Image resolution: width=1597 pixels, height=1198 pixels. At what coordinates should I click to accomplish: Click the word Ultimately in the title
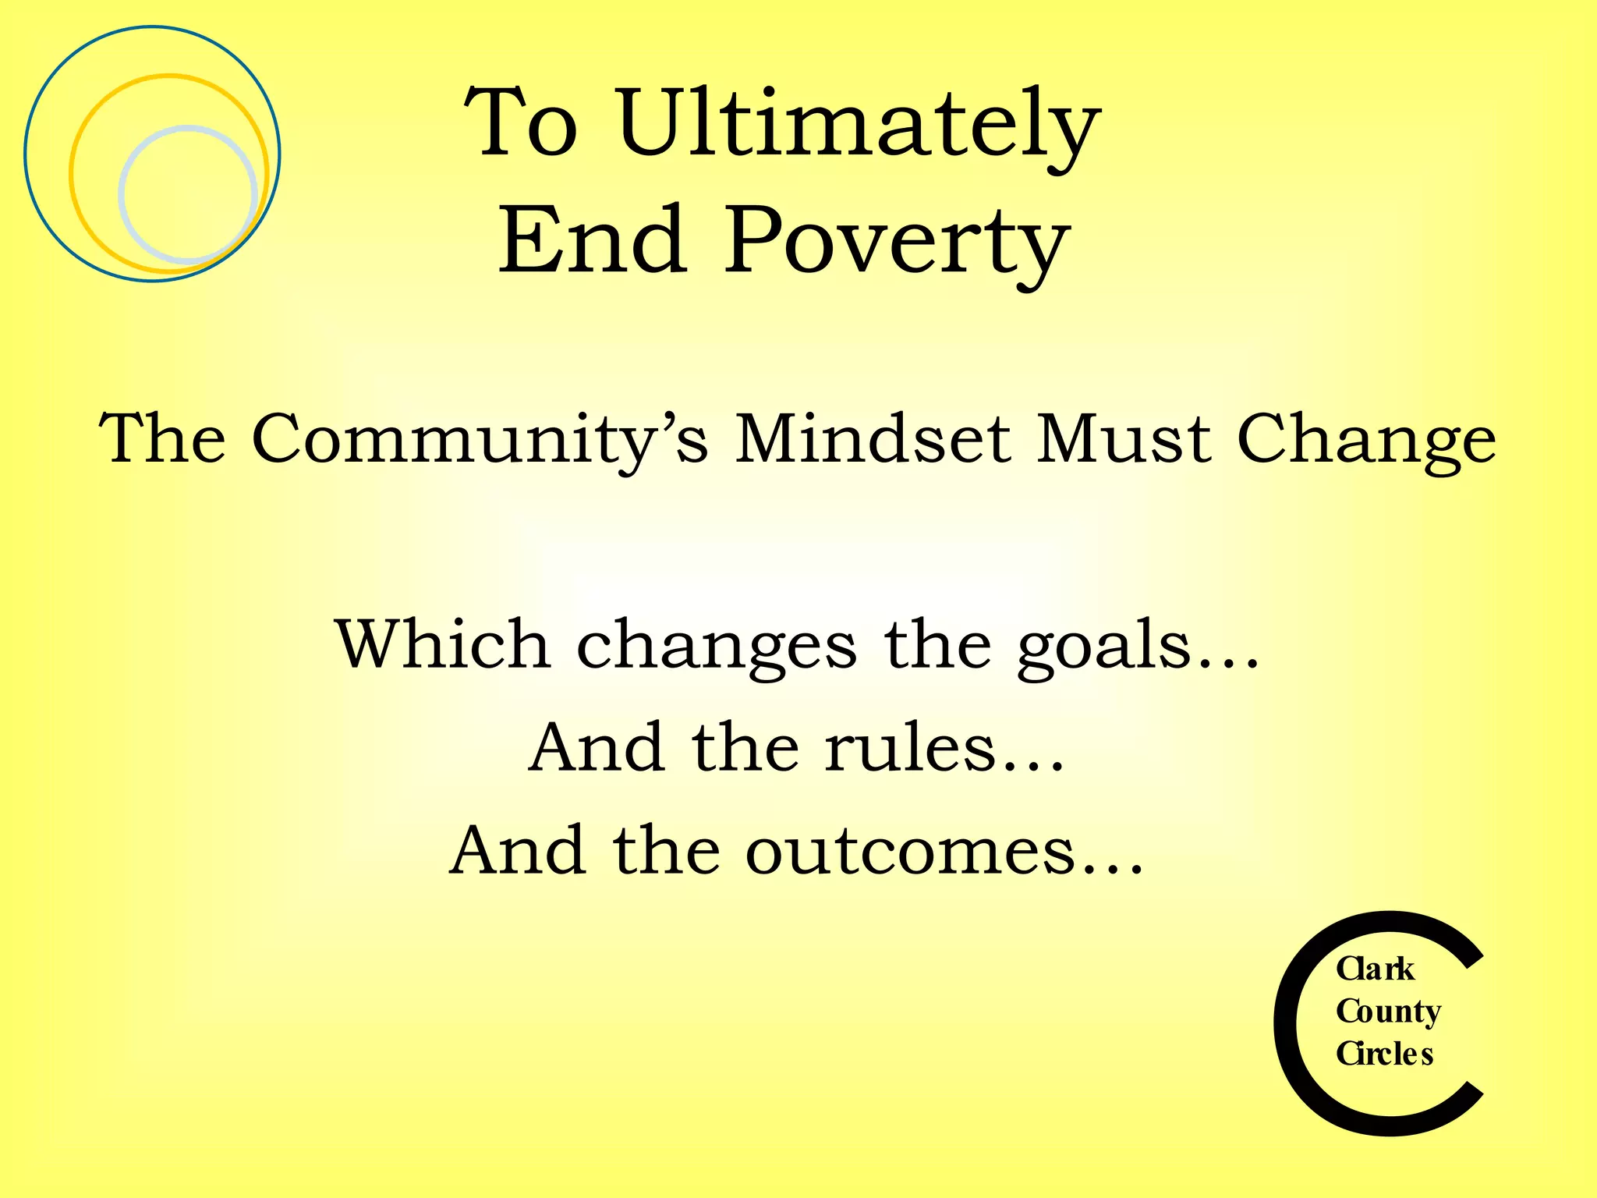[x=859, y=123]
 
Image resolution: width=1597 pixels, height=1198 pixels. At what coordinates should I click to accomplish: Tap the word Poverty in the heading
[x=897, y=241]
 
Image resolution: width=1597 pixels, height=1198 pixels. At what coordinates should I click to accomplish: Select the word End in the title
[x=593, y=241]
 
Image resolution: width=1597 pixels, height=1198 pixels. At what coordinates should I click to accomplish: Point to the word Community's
[x=480, y=439]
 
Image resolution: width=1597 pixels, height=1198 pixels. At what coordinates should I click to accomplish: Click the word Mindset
[x=873, y=439]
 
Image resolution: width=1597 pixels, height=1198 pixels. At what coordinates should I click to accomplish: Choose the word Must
[x=1124, y=439]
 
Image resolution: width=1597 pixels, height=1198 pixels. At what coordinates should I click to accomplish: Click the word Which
[x=442, y=644]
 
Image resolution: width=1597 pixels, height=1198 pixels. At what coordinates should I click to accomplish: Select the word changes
[x=716, y=646]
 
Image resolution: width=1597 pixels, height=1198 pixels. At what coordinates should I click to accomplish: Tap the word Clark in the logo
[x=1375, y=969]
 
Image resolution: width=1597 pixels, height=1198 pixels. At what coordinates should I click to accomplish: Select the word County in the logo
[x=1388, y=1012]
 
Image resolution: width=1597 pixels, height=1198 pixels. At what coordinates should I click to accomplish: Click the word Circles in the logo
[x=1384, y=1054]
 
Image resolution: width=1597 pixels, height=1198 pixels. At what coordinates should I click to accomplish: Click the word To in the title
[x=521, y=123]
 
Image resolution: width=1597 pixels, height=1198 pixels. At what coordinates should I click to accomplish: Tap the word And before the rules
[x=597, y=748]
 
